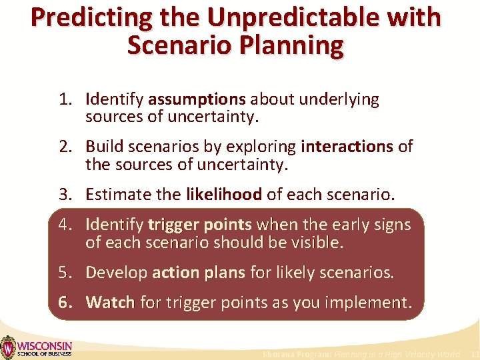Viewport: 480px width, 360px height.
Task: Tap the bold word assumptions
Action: [x=197, y=100]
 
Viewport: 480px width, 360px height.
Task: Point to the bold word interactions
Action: [x=347, y=147]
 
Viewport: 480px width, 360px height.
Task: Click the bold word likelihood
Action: [x=223, y=195]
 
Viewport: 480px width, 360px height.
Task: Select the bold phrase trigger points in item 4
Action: [x=200, y=225]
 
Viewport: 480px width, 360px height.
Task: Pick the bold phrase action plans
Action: [x=199, y=273]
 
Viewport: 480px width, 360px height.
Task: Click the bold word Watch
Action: [x=111, y=303]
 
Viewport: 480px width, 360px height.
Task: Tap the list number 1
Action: [x=65, y=100]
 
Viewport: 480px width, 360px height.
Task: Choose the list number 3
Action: [x=65, y=195]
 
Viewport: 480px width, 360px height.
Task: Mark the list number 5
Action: [x=65, y=273]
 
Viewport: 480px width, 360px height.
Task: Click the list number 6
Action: [x=65, y=303]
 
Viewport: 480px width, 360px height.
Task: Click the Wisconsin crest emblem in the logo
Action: [x=7, y=347]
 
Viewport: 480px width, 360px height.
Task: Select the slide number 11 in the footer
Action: [x=474, y=354]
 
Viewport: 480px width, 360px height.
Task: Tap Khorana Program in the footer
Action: [x=297, y=354]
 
